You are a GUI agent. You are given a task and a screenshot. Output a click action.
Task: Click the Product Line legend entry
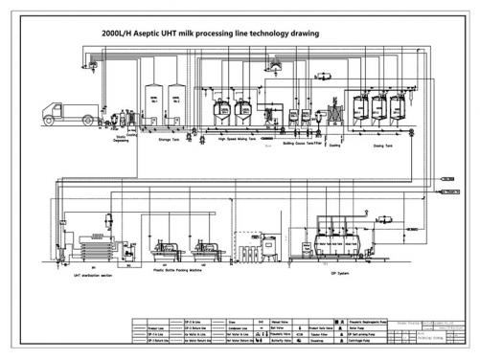coord(151,326)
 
